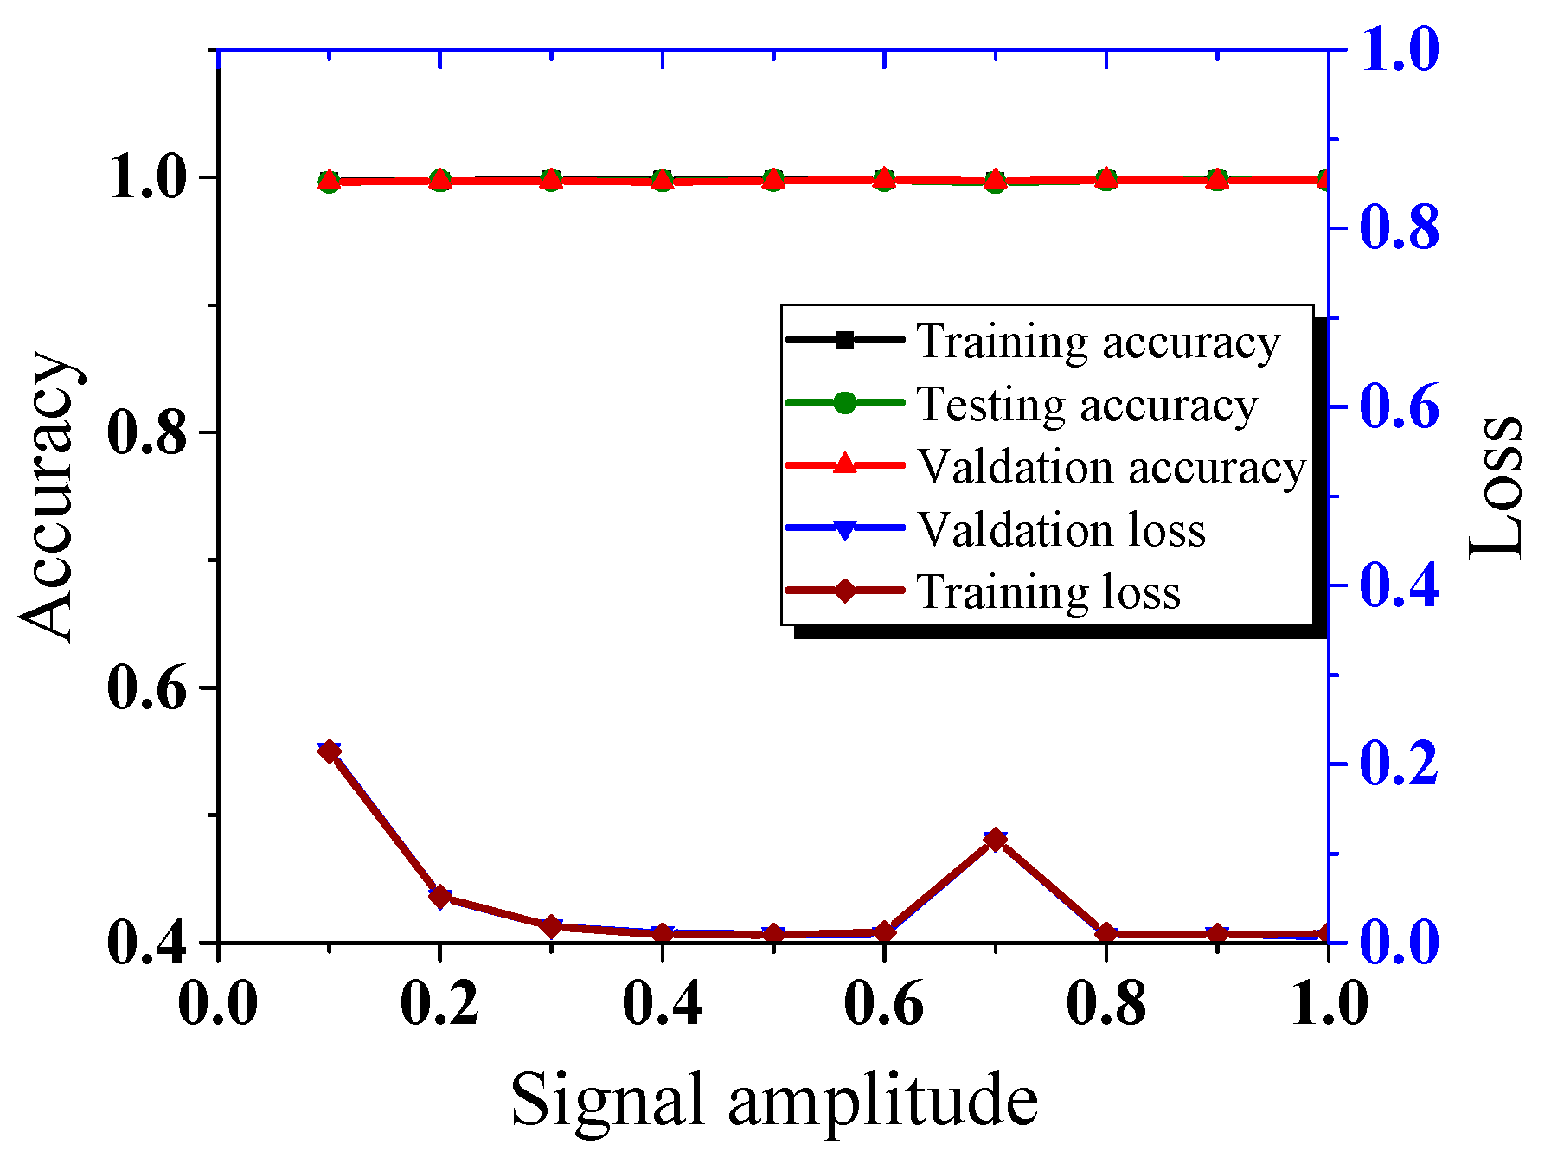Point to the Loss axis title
[x=1497, y=489]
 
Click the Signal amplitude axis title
[x=773, y=1099]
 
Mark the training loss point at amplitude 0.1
[x=329, y=751]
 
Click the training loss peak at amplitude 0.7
[x=995, y=840]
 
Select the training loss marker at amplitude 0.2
[x=440, y=896]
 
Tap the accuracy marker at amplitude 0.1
[x=329, y=181]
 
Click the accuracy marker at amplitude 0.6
[x=884, y=179]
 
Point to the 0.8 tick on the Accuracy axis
[x=147, y=432]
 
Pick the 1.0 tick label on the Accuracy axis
[x=147, y=178]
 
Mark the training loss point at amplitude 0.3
[x=551, y=925]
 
